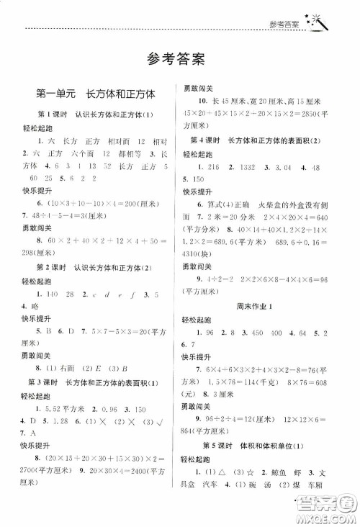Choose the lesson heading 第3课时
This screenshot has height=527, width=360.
(x=42, y=380)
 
